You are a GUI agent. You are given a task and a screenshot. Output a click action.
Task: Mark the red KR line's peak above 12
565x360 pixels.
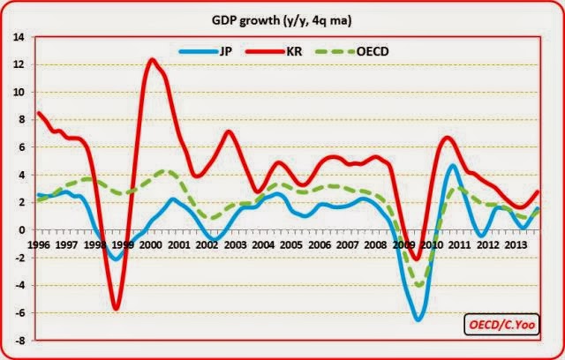(152, 60)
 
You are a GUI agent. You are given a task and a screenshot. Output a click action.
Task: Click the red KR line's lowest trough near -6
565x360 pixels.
(116, 308)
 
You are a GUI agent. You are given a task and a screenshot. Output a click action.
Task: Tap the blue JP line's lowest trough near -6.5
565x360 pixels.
(418, 319)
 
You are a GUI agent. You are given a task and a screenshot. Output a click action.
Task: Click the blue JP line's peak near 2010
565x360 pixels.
(452, 166)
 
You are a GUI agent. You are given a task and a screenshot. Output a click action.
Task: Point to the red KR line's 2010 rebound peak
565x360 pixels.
(448, 138)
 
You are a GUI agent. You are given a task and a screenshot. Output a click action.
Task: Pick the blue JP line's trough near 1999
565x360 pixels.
(116, 259)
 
